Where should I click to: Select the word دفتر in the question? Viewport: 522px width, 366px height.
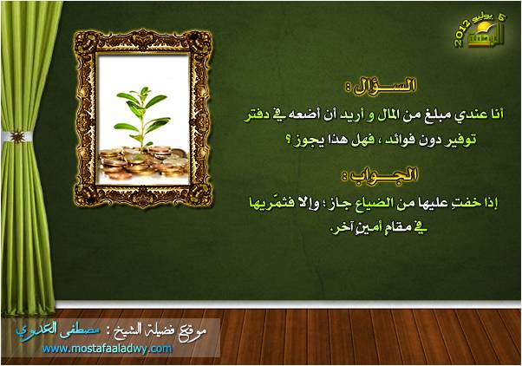(257, 115)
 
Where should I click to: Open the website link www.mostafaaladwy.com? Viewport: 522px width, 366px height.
(108, 349)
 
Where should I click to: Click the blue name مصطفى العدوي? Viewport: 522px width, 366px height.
(58, 330)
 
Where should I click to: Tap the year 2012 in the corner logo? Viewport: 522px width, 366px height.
(462, 33)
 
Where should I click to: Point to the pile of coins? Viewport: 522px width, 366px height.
(143, 163)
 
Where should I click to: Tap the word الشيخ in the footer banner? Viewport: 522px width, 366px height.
(124, 330)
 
